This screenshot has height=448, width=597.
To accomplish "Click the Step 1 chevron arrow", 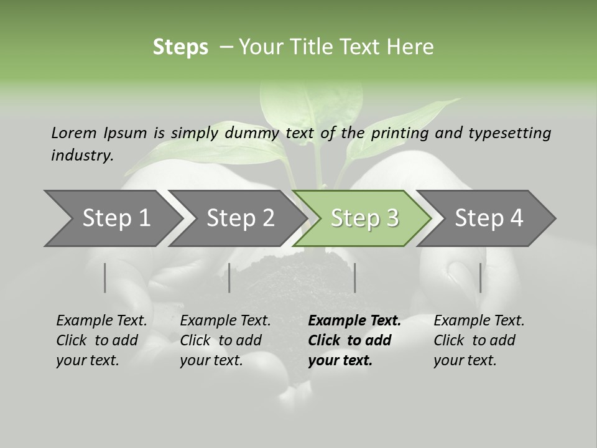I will coord(112,218).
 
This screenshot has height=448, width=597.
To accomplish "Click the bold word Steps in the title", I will coord(180,47).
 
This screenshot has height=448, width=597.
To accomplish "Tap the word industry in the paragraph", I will coord(81,155).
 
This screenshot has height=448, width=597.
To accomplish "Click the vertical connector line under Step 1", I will coord(105,278).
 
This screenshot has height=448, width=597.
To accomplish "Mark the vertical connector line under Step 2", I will coord(229,278).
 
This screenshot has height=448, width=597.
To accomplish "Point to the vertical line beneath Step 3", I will coord(354,278).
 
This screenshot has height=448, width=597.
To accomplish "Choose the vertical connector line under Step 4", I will coord(480,278).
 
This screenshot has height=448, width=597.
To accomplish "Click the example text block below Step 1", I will coord(101,340).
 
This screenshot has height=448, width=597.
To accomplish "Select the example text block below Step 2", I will coord(224,340).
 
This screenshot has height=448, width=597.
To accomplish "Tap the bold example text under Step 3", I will coord(354,340).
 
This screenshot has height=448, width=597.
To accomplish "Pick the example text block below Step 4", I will coord(478,340).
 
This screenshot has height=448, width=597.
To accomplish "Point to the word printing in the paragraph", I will coord(400,133).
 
